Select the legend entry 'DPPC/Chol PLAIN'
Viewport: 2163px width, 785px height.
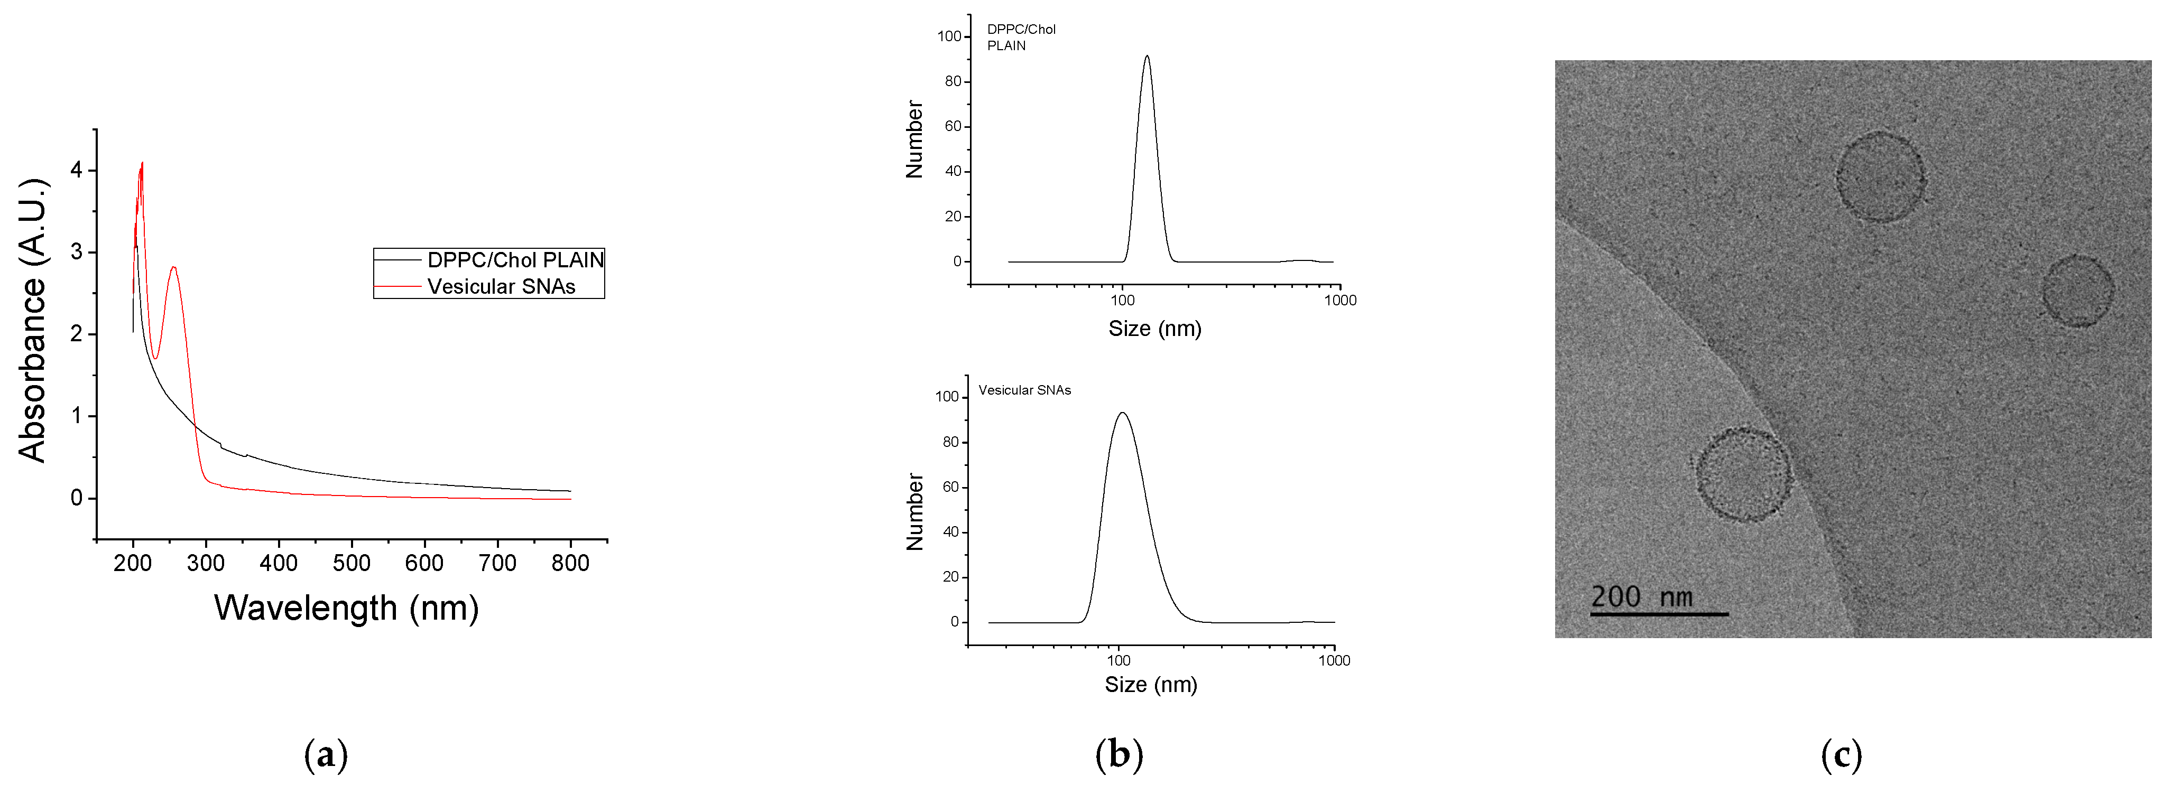click(515, 260)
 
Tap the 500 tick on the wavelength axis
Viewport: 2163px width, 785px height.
click(351, 563)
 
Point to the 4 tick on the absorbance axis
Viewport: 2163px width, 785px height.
click(77, 171)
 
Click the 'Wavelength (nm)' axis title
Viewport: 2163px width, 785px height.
click(346, 609)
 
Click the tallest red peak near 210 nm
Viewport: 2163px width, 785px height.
click(142, 164)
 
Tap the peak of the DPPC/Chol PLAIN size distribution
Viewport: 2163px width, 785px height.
click(1147, 57)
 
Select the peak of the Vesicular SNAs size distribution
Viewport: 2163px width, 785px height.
click(1122, 413)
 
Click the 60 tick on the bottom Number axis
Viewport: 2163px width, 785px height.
click(950, 487)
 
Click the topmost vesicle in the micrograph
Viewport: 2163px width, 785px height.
click(1880, 177)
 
